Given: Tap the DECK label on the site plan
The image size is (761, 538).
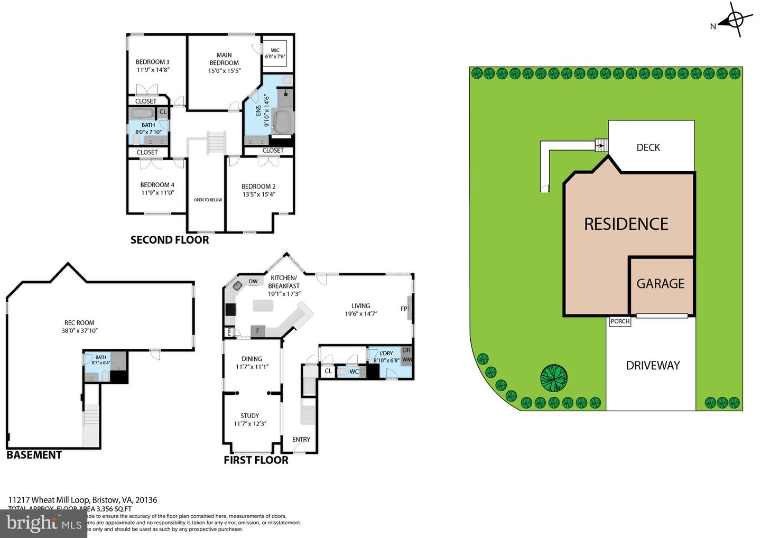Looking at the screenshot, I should click(648, 147).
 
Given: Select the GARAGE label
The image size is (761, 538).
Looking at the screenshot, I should click(660, 284).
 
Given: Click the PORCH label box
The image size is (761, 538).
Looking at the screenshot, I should click(620, 321).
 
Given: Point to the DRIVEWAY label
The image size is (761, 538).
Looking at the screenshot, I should click(653, 365).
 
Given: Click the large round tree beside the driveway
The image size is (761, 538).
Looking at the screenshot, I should click(554, 378).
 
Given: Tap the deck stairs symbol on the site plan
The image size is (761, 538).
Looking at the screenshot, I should click(600, 145).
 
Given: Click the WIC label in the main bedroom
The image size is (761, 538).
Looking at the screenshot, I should click(275, 51).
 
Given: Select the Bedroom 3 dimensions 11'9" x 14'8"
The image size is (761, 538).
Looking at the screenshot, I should click(153, 70).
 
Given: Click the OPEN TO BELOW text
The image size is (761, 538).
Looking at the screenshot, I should click(208, 200).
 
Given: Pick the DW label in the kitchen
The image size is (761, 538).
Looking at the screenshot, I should click(253, 282).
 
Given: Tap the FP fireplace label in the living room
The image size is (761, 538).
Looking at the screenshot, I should click(404, 309).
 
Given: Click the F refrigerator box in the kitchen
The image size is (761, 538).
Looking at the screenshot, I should click(258, 331).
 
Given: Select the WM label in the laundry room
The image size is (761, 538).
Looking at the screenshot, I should click(406, 359).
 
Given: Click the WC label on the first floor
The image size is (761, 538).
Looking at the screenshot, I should click(354, 372).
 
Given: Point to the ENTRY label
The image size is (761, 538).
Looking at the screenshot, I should click(301, 439).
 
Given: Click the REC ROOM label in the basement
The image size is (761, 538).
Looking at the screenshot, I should click(79, 323).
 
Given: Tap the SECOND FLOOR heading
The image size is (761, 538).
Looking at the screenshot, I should click(170, 240).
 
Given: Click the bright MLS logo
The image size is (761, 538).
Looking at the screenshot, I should click(43, 523).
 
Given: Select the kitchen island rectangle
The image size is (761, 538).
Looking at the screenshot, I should click(263, 305).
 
